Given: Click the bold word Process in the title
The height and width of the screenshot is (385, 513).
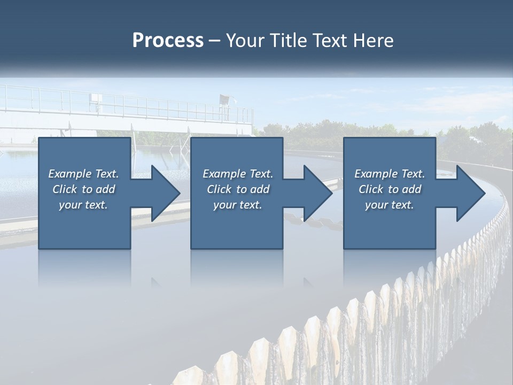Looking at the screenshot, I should [x=168, y=41].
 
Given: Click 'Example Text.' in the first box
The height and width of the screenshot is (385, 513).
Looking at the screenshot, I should [x=83, y=174].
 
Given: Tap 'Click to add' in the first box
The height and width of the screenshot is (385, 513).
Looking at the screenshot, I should [x=83, y=189].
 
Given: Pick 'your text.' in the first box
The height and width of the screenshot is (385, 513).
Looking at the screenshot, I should [x=83, y=205].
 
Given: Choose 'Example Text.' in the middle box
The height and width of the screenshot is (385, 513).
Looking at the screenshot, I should [x=238, y=174].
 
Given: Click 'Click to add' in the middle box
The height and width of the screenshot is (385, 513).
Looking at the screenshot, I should [x=238, y=189].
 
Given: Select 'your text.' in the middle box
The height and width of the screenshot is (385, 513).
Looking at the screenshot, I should [x=238, y=205].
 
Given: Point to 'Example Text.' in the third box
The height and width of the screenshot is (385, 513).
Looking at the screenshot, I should [x=390, y=174].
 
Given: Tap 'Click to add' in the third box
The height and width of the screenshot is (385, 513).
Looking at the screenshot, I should [x=390, y=189].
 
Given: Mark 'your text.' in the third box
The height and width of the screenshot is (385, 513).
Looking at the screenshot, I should [x=390, y=205].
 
